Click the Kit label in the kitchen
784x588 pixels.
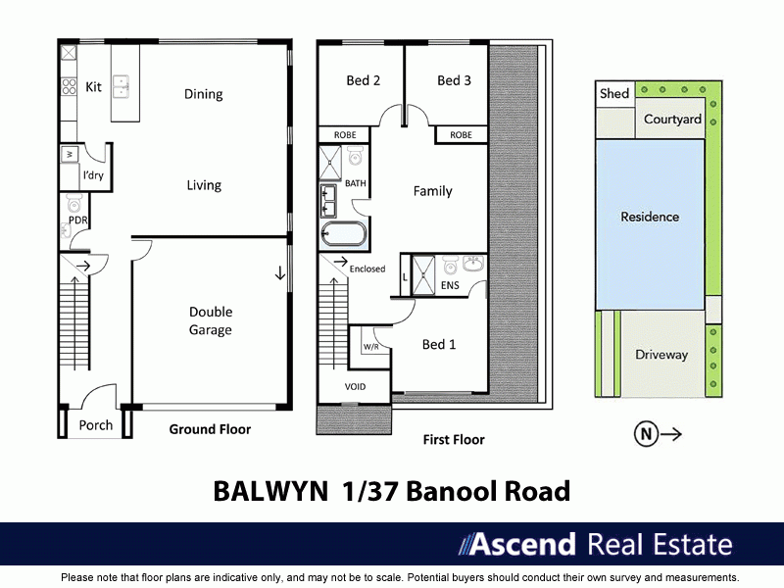coord(94,87)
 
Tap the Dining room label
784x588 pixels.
coord(204,94)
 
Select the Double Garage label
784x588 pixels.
coord(211,320)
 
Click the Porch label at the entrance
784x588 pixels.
coord(96,424)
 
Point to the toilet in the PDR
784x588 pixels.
coord(73,204)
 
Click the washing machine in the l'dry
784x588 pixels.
coord(70,155)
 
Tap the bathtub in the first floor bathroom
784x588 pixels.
coord(343,234)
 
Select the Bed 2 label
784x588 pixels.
coord(364,80)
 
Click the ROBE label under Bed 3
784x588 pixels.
coord(461,135)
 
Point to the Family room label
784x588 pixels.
coord(432,191)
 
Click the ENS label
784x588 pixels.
coord(450,286)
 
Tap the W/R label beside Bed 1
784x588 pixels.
coord(372,347)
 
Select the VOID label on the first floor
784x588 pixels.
coord(355,386)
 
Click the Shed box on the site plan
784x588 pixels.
coord(614,94)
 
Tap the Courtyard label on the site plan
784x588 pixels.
coord(672,120)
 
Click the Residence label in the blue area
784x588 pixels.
coord(650,217)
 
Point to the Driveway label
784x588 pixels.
coord(661,355)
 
